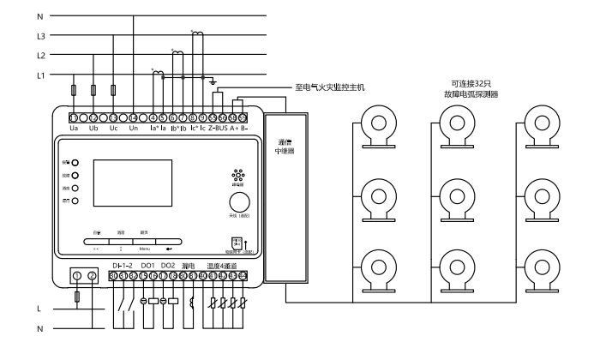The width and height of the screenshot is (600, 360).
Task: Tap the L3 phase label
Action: click(x=41, y=36)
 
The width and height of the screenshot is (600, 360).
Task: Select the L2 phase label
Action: click(x=41, y=55)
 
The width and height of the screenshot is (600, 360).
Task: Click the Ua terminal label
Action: click(x=75, y=129)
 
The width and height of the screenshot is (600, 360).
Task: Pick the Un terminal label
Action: click(x=134, y=129)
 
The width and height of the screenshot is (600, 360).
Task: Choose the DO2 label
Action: click(x=168, y=265)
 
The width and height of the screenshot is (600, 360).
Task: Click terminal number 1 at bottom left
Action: click(x=78, y=275)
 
